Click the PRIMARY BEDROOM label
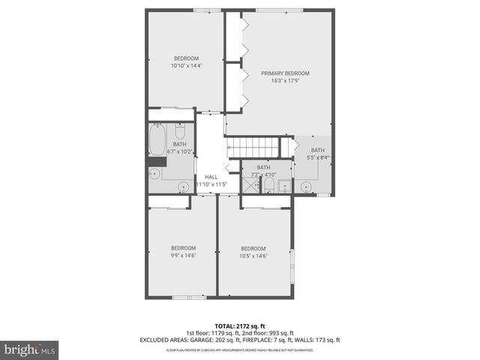click(285, 73)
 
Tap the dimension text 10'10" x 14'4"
click(186, 66)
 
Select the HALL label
click(211, 177)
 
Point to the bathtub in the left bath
click(157, 140)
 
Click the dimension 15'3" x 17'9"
click(285, 81)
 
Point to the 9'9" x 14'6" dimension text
click(182, 256)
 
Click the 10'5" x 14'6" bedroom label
click(253, 248)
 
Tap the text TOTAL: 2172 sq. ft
click(239, 326)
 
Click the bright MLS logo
click(30, 349)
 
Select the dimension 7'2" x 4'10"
click(264, 175)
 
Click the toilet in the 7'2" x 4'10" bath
click(283, 185)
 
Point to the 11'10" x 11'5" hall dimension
click(211, 184)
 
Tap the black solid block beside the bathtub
click(156, 160)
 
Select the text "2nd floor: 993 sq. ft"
click(268, 333)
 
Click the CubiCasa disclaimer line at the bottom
click(239, 349)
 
